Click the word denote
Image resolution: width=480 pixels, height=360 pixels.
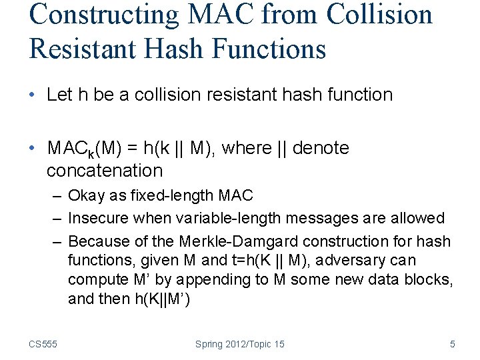(321, 148)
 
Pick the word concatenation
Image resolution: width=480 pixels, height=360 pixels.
(105, 171)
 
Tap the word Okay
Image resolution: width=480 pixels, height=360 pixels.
(85, 195)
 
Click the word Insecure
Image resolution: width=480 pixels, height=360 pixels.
(98, 218)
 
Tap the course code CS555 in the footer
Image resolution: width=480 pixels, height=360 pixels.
(43, 344)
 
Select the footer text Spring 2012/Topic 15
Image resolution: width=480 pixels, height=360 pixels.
(239, 344)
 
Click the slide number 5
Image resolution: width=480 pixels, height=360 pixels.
(453, 344)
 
